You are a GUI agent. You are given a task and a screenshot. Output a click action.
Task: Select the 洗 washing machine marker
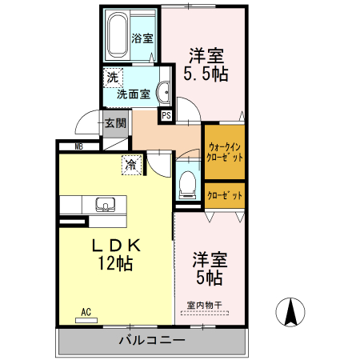[x=113, y=78]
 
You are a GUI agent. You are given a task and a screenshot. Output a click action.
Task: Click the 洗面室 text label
[x=133, y=94]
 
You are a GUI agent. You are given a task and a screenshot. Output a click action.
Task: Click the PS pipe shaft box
[x=166, y=115]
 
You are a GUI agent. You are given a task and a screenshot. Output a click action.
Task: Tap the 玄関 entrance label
[x=114, y=123]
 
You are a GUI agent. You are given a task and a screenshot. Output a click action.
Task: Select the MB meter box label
[x=79, y=146]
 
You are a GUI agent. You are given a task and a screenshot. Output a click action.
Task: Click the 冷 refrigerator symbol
[x=130, y=166]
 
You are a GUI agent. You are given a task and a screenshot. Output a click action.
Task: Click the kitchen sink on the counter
[x=106, y=205]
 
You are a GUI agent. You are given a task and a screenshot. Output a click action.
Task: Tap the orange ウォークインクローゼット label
[x=224, y=152]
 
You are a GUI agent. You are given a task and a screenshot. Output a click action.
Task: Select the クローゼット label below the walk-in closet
[x=224, y=195]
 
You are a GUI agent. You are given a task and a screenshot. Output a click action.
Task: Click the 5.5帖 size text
[x=206, y=74]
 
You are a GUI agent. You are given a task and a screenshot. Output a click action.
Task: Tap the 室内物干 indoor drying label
[x=204, y=304]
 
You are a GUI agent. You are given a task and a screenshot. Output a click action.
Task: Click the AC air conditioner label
[x=86, y=312]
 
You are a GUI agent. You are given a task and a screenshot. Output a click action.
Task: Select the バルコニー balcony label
[x=152, y=341]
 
